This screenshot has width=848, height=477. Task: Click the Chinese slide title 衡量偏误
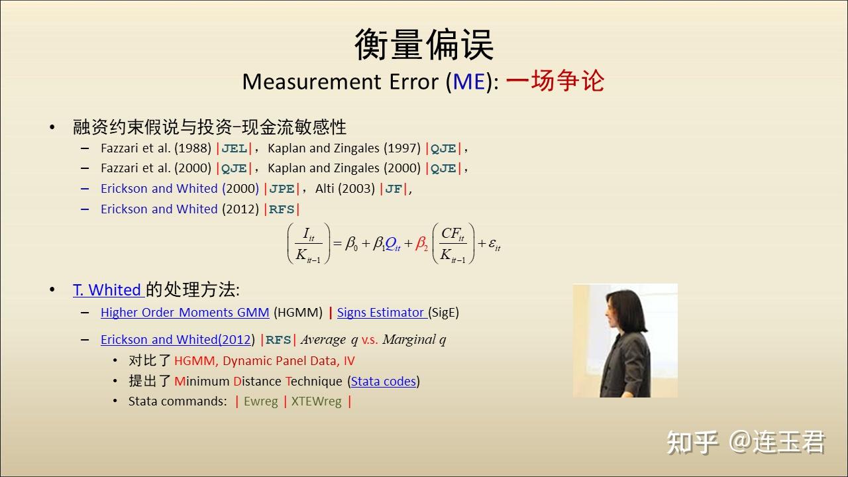click(424, 44)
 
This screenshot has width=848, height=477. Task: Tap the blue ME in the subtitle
click(469, 81)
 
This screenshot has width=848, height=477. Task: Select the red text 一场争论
click(555, 81)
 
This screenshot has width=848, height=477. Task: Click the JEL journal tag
click(235, 148)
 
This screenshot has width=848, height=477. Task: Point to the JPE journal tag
click(282, 189)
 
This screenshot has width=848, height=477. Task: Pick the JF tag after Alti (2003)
click(394, 189)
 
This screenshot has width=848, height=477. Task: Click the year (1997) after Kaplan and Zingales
click(402, 148)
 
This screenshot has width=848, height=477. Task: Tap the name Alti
click(324, 188)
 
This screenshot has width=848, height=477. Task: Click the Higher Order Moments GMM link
click(185, 313)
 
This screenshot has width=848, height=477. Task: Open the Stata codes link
click(384, 381)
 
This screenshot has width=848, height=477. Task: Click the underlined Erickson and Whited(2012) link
click(176, 340)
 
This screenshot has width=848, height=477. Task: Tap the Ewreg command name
click(261, 401)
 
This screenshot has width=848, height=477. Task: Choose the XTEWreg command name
click(317, 401)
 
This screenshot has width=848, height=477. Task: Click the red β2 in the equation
click(421, 243)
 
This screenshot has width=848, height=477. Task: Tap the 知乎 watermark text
click(692, 443)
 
